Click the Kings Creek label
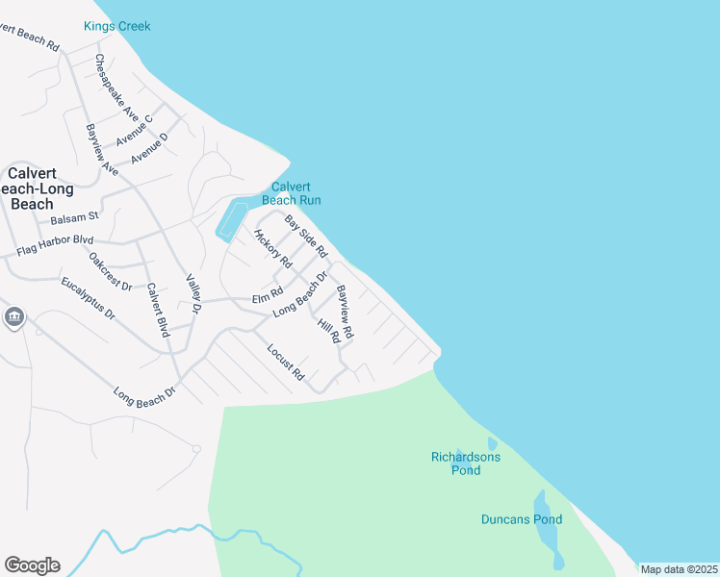(117, 26)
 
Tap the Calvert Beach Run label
(296, 193)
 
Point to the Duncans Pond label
(522, 519)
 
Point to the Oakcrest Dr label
(110, 271)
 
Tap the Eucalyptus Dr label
(88, 298)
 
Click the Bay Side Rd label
(306, 237)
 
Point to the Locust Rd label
(286, 362)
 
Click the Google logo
(32, 565)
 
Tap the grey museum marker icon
(13, 316)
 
